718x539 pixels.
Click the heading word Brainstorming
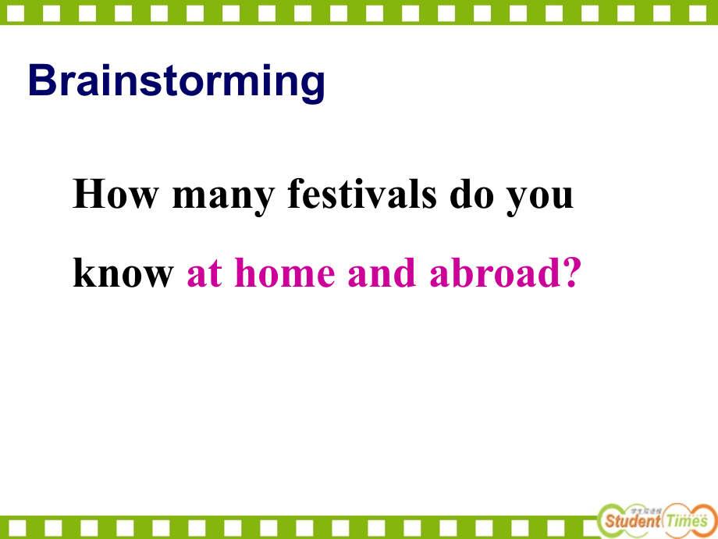[x=176, y=81]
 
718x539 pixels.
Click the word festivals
[x=361, y=195]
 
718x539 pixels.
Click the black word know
[x=123, y=273]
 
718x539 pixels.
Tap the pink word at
[x=204, y=273]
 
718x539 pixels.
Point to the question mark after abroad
[x=572, y=273]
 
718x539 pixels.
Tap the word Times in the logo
[x=687, y=519]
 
